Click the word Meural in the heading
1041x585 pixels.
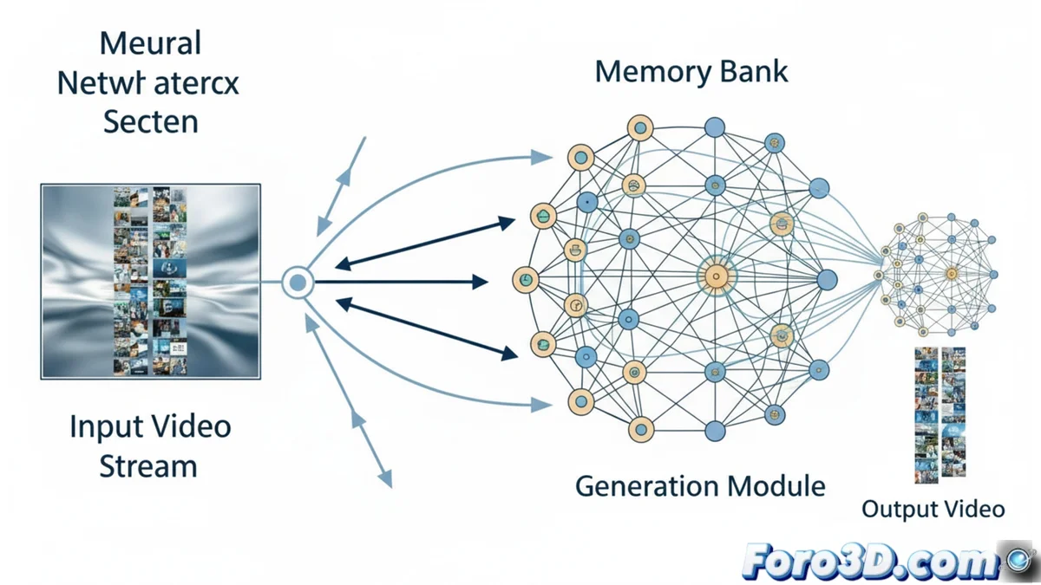150,42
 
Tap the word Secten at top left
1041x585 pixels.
150,121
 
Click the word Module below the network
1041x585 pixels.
775,485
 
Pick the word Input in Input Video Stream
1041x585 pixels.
106,427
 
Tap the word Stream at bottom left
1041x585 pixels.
147,466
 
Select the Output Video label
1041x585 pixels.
933,509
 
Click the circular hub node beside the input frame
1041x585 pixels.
298,282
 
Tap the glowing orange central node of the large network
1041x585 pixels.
716,277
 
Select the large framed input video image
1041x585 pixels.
150,281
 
